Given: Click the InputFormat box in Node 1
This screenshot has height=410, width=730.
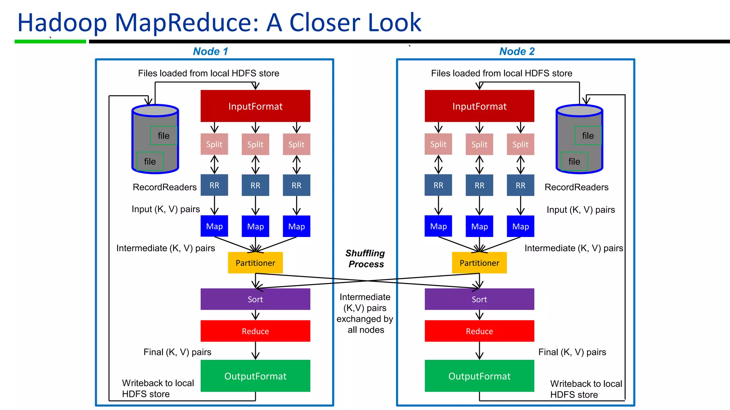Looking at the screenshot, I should tap(255, 106).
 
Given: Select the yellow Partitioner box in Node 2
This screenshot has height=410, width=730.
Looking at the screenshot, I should tap(479, 263).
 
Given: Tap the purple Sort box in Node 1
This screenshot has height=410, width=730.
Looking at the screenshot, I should tap(255, 299).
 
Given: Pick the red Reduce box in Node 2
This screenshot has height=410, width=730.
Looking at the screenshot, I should tap(479, 331).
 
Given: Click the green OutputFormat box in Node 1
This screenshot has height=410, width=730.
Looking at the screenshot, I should tap(255, 376).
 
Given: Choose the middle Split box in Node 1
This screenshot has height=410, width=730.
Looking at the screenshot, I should tap(255, 144).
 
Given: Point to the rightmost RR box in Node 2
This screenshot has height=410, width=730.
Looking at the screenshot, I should tap(520, 185).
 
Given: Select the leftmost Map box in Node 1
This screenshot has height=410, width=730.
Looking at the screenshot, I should tap(214, 226).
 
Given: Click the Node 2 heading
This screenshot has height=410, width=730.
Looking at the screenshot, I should tap(517, 51).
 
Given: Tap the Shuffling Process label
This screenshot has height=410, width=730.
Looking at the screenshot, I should tap(365, 258).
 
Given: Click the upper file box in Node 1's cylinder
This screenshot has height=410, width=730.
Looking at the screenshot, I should tap(164, 136).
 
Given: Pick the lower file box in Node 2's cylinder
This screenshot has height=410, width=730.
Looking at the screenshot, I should tap(574, 161).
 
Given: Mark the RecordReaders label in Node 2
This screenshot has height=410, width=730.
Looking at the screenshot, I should tap(576, 187).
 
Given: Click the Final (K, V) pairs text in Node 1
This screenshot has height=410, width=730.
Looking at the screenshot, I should tap(177, 352).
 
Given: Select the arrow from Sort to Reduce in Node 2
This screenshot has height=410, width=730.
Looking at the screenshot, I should tap(479, 315).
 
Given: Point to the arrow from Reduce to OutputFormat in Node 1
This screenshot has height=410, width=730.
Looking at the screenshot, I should tap(255, 351).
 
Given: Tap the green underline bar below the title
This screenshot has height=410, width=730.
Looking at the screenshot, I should tap(50, 42).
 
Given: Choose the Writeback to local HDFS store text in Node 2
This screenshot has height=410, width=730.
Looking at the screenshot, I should tap(586, 389).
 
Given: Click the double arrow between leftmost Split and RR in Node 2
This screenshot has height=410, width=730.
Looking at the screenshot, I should tap(438, 164).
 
